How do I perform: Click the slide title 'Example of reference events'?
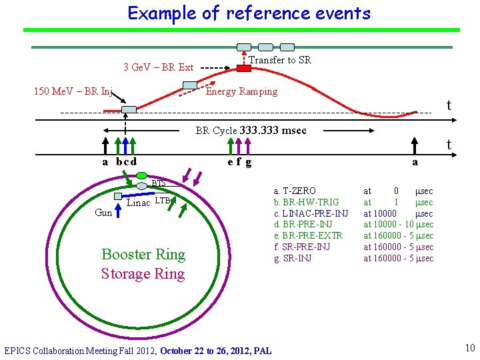pyautogui.click(x=249, y=13)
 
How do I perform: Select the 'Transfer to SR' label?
pyautogui.click(x=279, y=60)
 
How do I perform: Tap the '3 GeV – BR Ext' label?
pyautogui.click(x=158, y=67)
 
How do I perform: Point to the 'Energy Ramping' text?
pyautogui.click(x=241, y=91)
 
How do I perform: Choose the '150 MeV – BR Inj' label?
pyautogui.click(x=73, y=91)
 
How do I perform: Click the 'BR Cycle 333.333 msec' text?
pyautogui.click(x=251, y=131)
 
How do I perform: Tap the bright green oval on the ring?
pyautogui.click(x=141, y=175)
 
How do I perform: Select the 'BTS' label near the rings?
pyautogui.click(x=158, y=183)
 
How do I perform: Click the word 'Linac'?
pyautogui.click(x=139, y=203)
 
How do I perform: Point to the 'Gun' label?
pyautogui.click(x=103, y=213)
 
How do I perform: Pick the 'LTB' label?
pyautogui.click(x=163, y=201)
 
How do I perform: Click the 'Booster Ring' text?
pyautogui.click(x=143, y=254)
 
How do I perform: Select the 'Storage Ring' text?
pyautogui.click(x=143, y=273)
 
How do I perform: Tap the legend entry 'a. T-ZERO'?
pyautogui.click(x=295, y=191)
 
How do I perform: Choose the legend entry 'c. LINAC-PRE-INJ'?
pyautogui.click(x=311, y=213)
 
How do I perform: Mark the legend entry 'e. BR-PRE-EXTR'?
pyautogui.click(x=308, y=236)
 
